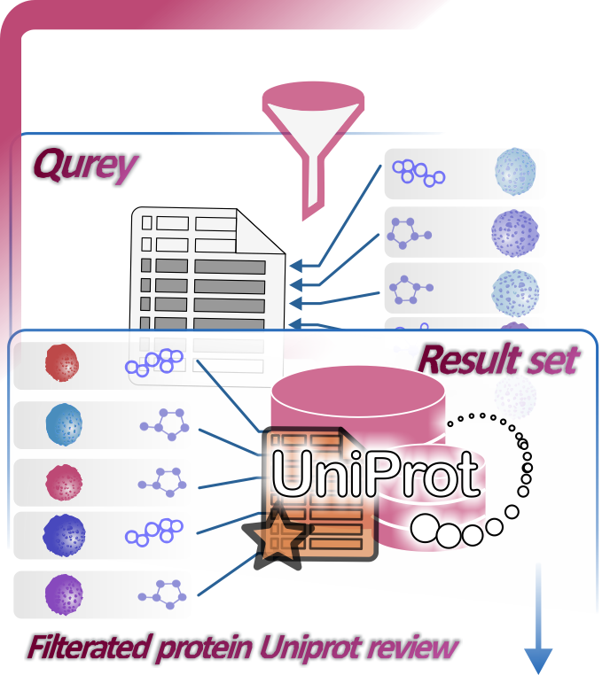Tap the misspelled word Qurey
click(x=85, y=165)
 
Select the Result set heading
click(x=497, y=360)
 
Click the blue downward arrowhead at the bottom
click(x=538, y=660)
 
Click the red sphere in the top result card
click(x=61, y=362)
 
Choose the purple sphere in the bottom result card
click(x=63, y=593)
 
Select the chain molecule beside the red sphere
click(x=154, y=362)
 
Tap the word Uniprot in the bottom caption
click(x=307, y=648)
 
